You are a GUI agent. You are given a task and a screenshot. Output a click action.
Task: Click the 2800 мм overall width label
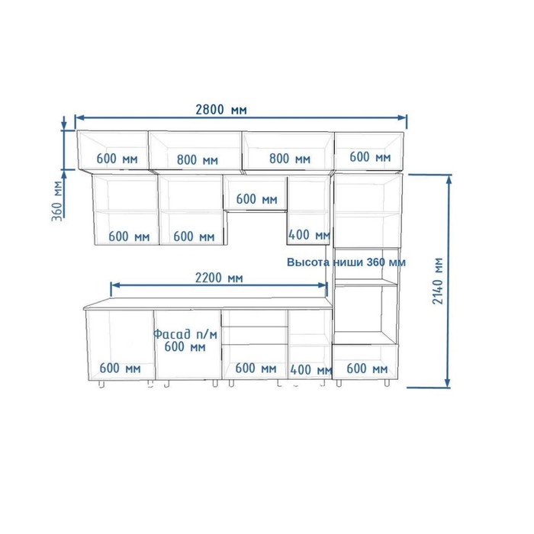tap(221, 110)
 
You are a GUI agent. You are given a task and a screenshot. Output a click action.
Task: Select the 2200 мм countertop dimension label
tap(219, 278)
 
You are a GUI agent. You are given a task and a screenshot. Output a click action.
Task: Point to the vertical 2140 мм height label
tap(438, 281)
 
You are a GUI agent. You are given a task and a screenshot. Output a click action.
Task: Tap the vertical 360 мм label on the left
tap(57, 201)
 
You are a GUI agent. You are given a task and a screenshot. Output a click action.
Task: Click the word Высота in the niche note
tap(308, 262)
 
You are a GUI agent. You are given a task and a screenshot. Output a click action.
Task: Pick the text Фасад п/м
tap(185, 334)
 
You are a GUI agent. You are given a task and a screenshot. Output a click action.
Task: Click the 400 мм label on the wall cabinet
tap(309, 235)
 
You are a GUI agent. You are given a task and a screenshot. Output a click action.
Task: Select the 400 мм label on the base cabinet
tap(311, 369)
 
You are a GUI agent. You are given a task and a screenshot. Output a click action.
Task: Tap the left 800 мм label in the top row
tap(198, 159)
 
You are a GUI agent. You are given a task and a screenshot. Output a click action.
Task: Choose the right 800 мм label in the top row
tap(290, 159)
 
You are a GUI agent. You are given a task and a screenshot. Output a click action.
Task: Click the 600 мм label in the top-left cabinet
tap(117, 159)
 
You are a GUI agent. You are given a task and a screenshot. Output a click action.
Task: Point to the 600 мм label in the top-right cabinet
tap(370, 157)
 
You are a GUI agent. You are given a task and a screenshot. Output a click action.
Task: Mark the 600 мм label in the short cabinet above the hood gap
tap(257, 199)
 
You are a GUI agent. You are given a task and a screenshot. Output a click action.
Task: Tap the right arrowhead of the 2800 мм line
tap(403, 117)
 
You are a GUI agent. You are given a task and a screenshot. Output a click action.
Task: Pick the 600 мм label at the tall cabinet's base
tap(367, 368)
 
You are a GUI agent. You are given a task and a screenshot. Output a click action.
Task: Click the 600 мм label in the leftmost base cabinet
tap(121, 368)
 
